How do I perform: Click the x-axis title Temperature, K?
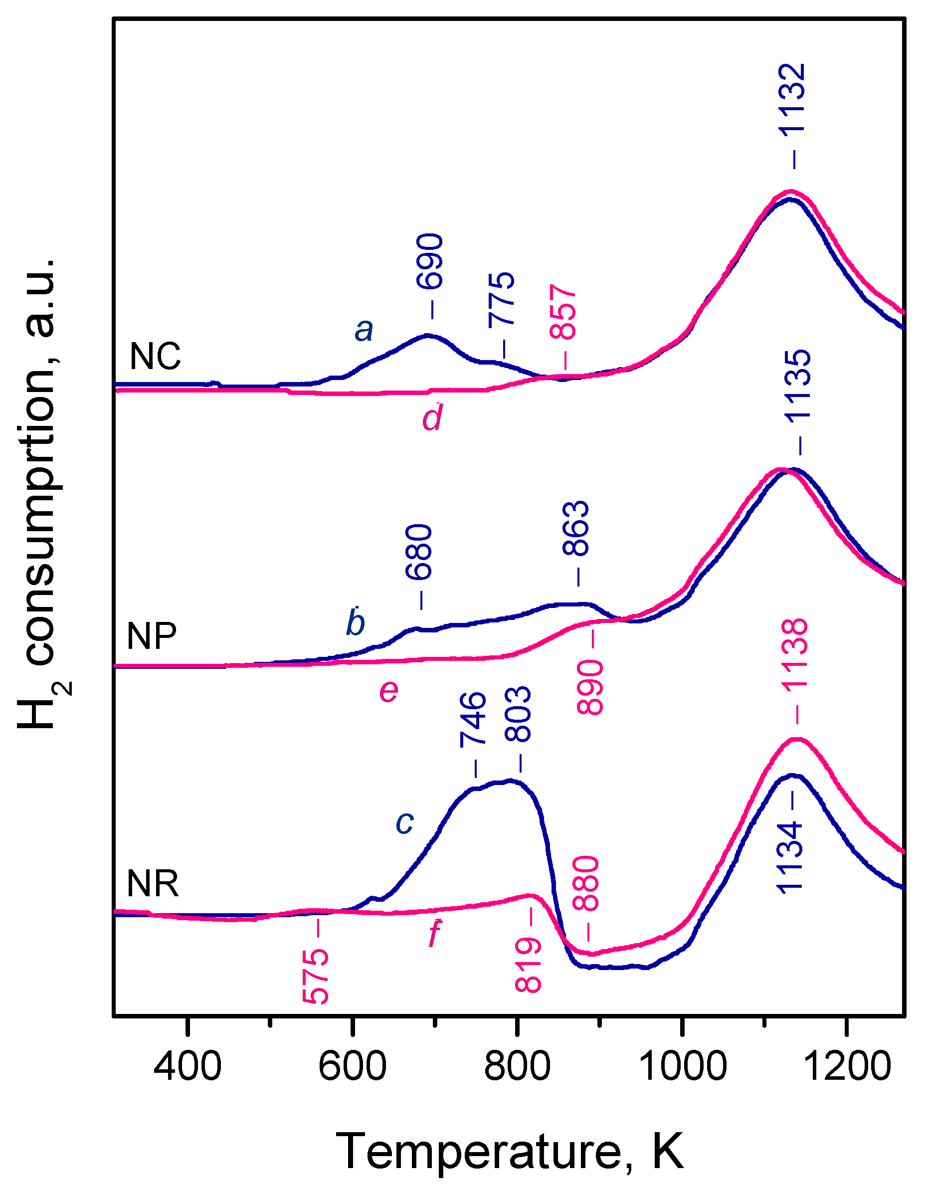(509, 1151)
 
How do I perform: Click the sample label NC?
(155, 357)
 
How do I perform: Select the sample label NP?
(152, 636)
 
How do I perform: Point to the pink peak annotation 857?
(563, 312)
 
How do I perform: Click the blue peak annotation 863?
(576, 529)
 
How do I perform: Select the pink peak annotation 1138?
(795, 655)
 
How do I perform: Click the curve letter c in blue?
(405, 823)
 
